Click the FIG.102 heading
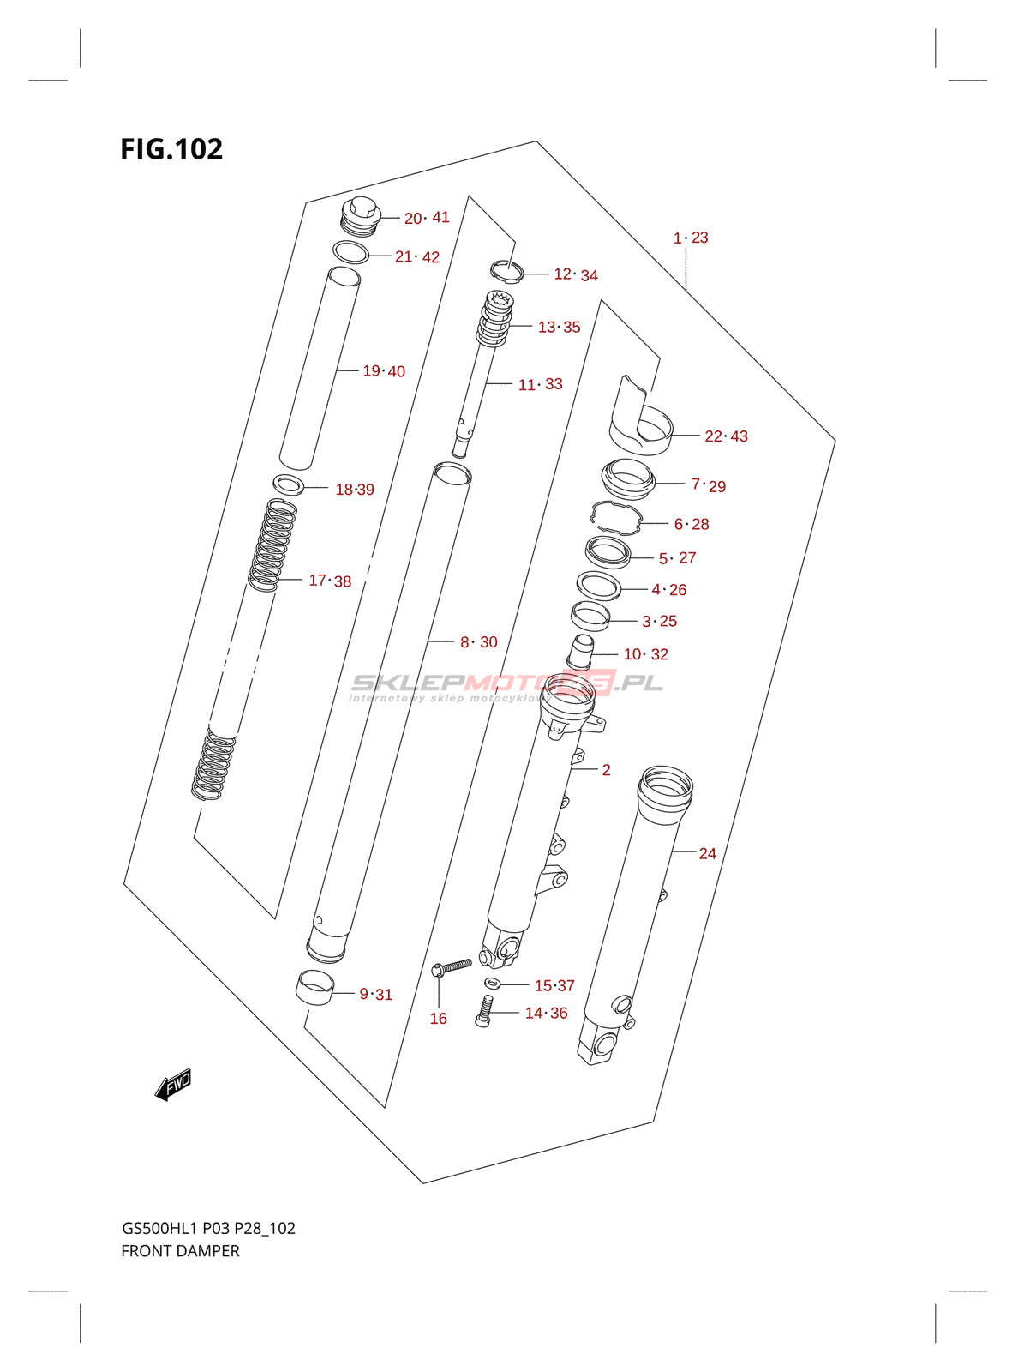171,149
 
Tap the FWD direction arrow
173,1085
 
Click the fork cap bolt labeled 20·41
361,216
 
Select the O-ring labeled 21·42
351,252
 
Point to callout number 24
707,853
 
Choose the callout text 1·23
691,238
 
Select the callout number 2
607,769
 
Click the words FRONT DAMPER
181,1250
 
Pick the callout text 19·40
384,371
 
